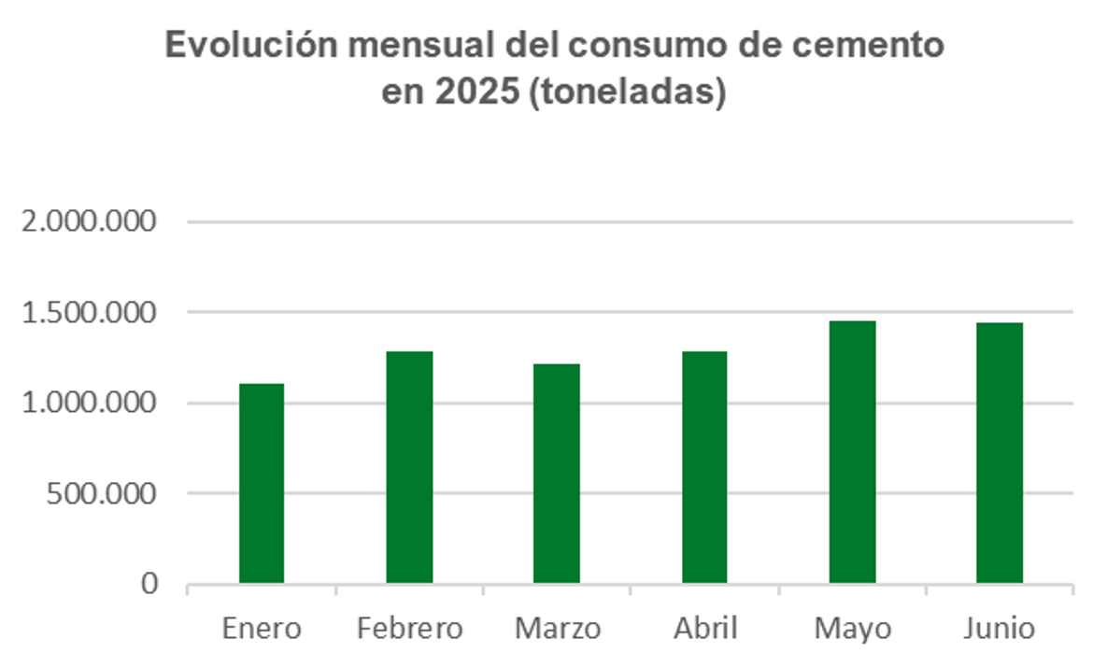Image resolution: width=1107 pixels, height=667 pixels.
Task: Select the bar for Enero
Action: [262, 483]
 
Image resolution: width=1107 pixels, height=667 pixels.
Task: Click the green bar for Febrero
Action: [409, 467]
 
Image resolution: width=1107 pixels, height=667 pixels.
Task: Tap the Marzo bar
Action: [557, 474]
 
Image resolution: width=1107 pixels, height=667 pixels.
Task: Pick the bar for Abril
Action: [704, 467]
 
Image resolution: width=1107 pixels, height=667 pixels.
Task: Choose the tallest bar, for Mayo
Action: [852, 452]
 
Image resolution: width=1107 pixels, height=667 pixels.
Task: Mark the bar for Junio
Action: [1000, 453]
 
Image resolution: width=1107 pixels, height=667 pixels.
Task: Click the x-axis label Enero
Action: [262, 629]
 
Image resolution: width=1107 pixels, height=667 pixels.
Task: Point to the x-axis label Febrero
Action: [409, 629]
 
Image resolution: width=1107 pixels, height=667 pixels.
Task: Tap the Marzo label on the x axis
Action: [557, 629]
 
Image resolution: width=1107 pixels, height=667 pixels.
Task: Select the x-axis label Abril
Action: [704, 629]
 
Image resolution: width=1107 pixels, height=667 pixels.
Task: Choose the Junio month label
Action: [1000, 629]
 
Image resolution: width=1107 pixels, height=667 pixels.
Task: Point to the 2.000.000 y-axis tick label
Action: [89, 222]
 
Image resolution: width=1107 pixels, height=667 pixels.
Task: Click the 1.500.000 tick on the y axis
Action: [89, 313]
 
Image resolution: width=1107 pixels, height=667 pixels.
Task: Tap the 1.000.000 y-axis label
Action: [89, 404]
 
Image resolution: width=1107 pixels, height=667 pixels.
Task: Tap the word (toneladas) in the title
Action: [627, 94]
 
